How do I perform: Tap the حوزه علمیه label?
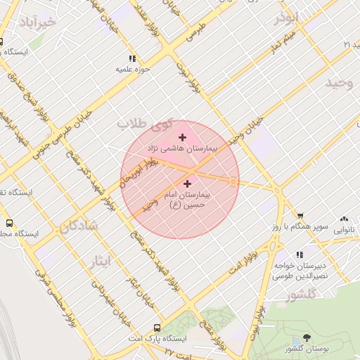pos(131,70)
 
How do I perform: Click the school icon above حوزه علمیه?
pos(131,59)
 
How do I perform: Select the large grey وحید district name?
pos(338,84)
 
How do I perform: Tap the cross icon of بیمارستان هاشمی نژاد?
pos(183,137)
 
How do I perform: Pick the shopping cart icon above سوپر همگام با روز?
pos(300,217)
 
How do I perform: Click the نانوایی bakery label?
pos(344,229)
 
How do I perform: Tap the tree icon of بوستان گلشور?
pos(306,339)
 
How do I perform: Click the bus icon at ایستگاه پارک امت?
pos(157,328)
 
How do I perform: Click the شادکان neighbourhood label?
pos(77,226)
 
